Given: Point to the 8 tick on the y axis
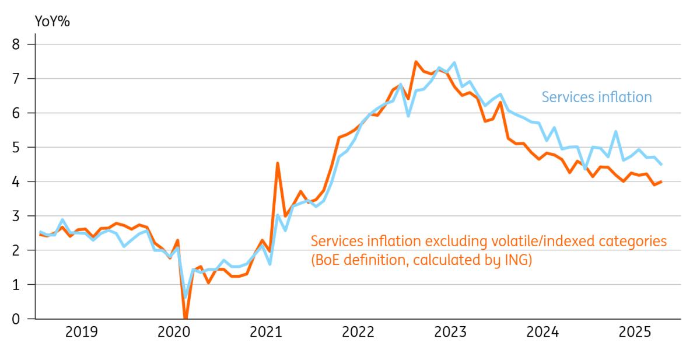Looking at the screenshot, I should pos(23,44).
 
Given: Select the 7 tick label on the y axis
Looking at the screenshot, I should pos(23,79).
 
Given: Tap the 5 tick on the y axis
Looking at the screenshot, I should pos(23,148).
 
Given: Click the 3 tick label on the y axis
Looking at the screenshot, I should pos(23,216).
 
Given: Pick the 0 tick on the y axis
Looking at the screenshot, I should pos(23,319).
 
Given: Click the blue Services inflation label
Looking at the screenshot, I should pos(597,97).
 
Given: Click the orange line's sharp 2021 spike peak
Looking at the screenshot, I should pos(278,163).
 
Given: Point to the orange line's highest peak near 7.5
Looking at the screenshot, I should pos(416,62).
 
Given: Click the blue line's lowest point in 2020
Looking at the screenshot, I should pos(185,297).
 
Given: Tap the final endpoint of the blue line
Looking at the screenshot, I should pos(660,165).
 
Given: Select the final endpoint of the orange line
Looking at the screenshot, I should pos(660,181).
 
